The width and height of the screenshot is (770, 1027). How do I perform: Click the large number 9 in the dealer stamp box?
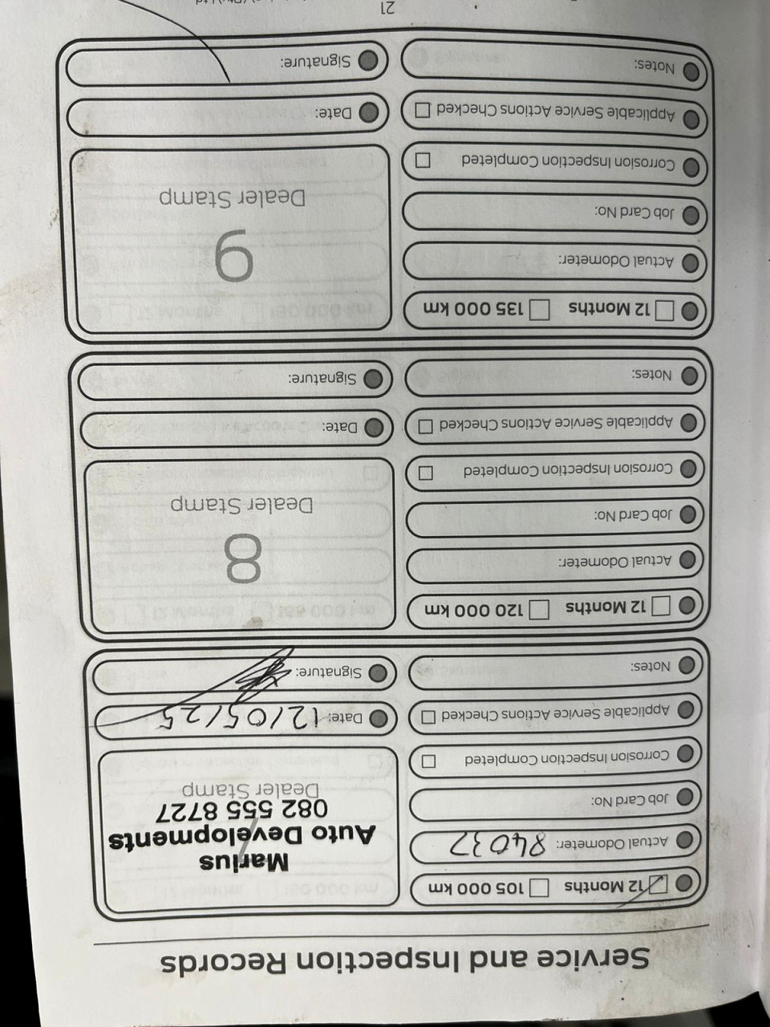point(233,256)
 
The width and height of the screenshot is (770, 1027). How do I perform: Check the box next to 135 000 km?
point(541,308)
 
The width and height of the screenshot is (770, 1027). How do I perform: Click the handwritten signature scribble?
point(265,673)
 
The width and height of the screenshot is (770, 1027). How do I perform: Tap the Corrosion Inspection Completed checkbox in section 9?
point(422,160)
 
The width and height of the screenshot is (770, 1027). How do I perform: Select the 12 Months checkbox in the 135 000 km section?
point(666,310)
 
